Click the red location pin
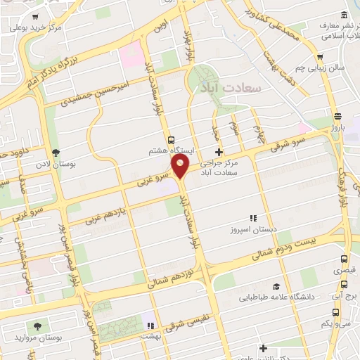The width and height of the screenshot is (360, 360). pyautogui.click(x=181, y=167)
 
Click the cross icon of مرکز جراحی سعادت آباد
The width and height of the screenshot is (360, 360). pyautogui.click(x=219, y=152)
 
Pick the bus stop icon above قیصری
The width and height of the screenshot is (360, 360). pyautogui.click(x=343, y=259)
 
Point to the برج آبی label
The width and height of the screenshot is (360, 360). pyautogui.click(x=345, y=297)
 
